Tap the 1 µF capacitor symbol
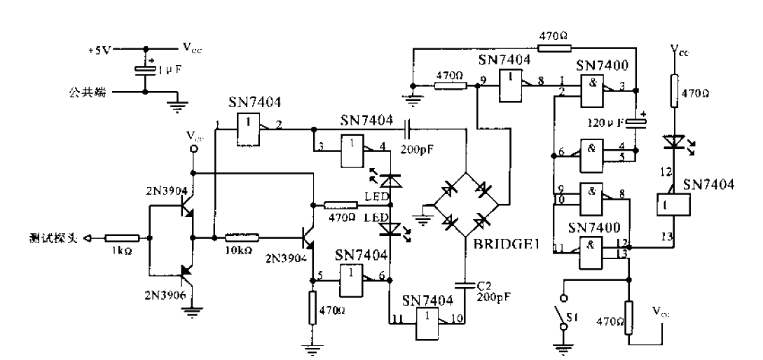[145, 70]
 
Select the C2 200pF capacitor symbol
[467, 285]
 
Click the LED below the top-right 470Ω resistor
[674, 142]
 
